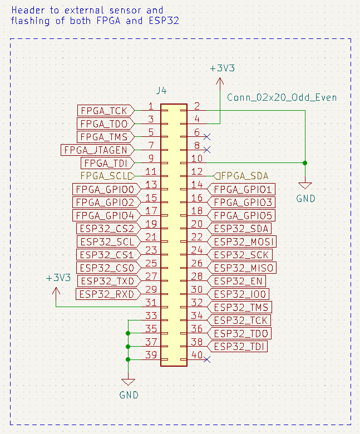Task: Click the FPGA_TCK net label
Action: (x=103, y=110)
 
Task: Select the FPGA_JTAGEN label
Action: (x=95, y=150)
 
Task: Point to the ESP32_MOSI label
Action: (x=241, y=241)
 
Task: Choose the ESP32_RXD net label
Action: (x=106, y=294)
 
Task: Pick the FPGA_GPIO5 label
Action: (x=240, y=215)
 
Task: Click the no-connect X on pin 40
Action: (x=207, y=360)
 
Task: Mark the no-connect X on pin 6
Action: (x=207, y=136)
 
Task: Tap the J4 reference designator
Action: (x=161, y=90)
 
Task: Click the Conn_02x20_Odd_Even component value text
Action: (x=282, y=97)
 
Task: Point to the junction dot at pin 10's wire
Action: (x=305, y=163)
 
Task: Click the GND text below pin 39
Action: (x=129, y=395)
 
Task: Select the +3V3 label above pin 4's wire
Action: (x=222, y=68)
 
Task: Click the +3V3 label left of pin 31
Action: (x=58, y=278)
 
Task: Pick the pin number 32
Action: (x=196, y=303)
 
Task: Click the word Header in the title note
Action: (x=26, y=10)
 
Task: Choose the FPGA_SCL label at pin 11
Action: (x=107, y=176)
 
